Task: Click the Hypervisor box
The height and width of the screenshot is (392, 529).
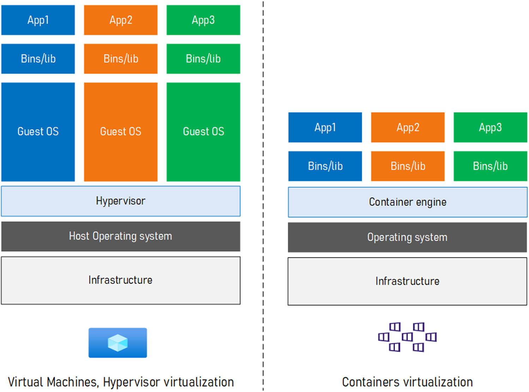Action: point(121,201)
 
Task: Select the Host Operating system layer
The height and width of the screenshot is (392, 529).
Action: point(121,236)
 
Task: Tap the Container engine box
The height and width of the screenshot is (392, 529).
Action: point(407,202)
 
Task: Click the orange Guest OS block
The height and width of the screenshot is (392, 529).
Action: point(121,131)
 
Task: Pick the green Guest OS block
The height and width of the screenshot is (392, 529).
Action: point(203,131)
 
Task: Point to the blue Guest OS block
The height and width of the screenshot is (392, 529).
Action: point(38,131)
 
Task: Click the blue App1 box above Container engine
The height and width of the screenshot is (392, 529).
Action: point(325,127)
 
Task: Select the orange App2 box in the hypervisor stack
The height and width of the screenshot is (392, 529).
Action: point(121,20)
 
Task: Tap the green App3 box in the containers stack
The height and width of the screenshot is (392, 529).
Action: point(490,127)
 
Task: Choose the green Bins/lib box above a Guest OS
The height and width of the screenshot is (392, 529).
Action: point(203,59)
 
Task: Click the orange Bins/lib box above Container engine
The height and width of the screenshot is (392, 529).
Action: point(408,166)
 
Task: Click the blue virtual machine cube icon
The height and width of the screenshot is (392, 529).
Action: point(117,343)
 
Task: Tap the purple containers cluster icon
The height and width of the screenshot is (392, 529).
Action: point(407,337)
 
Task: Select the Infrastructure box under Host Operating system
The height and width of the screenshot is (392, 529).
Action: point(121,280)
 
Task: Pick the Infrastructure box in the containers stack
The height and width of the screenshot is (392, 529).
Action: point(407,281)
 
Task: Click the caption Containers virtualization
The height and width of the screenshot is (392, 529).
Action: point(407,382)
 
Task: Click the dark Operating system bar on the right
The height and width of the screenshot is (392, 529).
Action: point(407,237)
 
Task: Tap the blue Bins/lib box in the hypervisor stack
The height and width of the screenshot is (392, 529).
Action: point(38,59)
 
